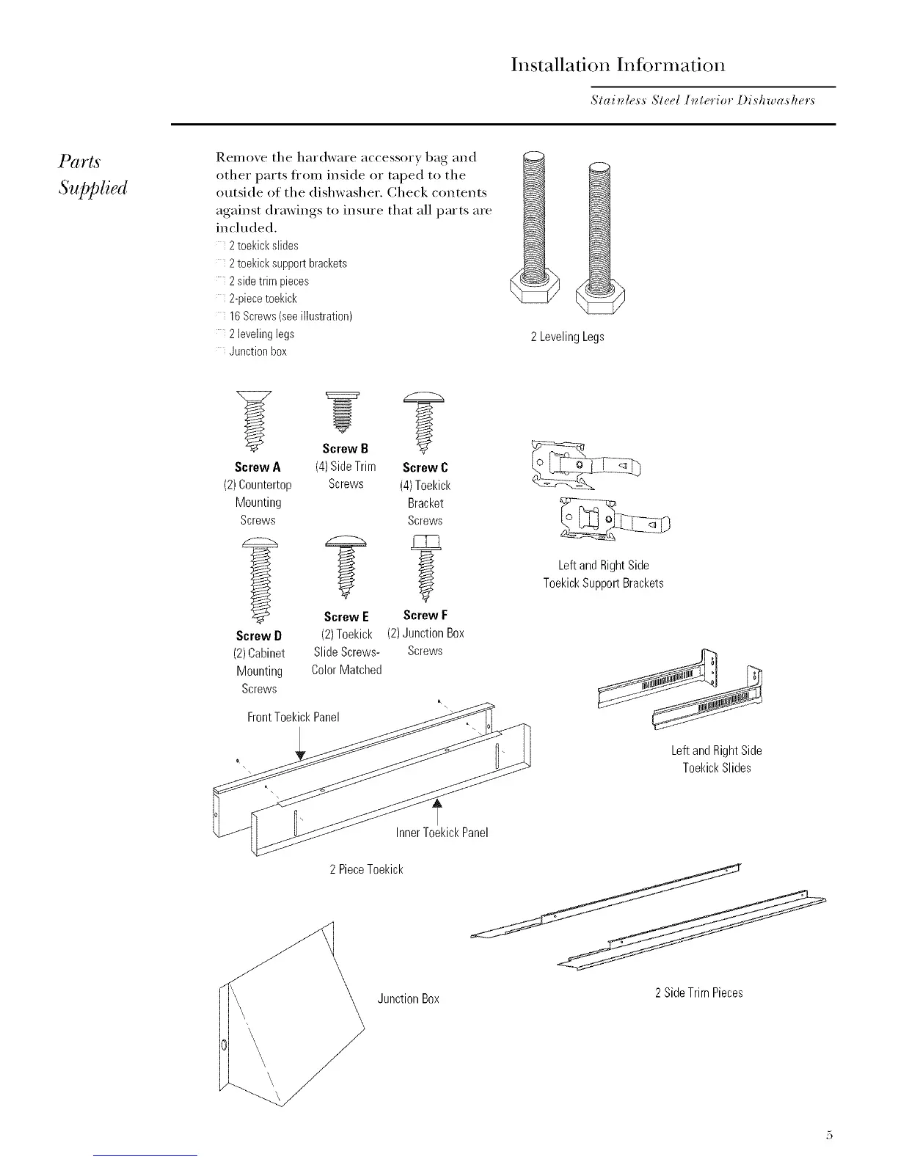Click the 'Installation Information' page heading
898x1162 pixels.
pos(618,65)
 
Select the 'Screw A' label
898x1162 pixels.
pos(258,467)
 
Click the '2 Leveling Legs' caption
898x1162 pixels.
pos(567,337)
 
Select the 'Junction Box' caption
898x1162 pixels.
pos(408,998)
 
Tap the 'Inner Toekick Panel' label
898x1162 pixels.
pos(442,832)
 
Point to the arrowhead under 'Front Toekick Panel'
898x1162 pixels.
pos(300,757)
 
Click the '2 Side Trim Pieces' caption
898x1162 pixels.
pos(698,993)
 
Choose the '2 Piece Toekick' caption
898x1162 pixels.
pos(366,869)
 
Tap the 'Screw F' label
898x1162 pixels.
pos(426,615)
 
